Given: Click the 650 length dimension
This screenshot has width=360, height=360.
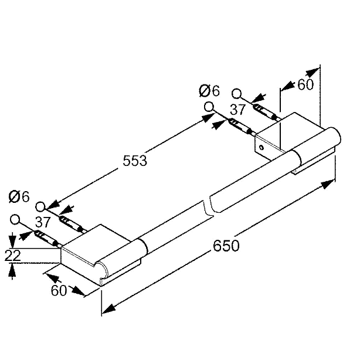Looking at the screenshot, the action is pyautogui.click(x=226, y=246).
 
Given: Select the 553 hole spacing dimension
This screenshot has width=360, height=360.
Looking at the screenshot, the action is pyautogui.click(x=135, y=161).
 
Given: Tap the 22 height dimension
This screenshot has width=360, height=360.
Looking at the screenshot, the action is pyautogui.click(x=13, y=256).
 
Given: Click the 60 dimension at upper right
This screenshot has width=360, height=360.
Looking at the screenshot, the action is pyautogui.click(x=305, y=84).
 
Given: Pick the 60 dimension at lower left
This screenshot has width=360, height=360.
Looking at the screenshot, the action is pyautogui.click(x=59, y=290).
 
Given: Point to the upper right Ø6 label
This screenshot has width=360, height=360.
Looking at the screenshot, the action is pyautogui.click(x=209, y=90).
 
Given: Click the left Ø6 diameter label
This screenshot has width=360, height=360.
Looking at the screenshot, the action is pyautogui.click(x=19, y=197).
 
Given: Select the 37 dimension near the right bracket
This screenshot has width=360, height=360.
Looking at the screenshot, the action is pyautogui.click(x=238, y=109).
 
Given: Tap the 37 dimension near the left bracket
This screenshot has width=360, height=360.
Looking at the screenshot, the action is pyautogui.click(x=43, y=222).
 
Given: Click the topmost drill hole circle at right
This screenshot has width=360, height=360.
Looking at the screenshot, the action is pyautogui.click(x=236, y=94).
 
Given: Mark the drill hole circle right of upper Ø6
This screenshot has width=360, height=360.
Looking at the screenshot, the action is pyautogui.click(x=209, y=107).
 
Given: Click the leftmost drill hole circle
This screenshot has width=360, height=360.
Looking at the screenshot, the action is pyautogui.click(x=15, y=219).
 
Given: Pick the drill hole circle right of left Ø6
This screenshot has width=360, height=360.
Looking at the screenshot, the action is pyautogui.click(x=40, y=206).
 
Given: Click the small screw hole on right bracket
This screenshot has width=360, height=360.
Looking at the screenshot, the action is pyautogui.click(x=261, y=147).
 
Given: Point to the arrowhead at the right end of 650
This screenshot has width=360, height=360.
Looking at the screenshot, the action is pyautogui.click(x=328, y=184).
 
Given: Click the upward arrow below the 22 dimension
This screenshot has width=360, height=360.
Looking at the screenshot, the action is pyautogui.click(x=12, y=271).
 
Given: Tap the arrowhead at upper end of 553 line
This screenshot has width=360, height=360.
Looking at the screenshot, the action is pyautogui.click(x=206, y=118).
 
